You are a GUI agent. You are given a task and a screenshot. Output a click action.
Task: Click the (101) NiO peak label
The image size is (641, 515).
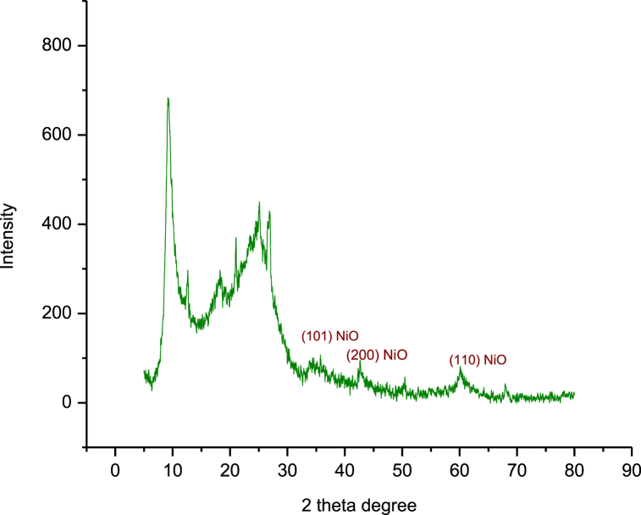[x=324, y=336]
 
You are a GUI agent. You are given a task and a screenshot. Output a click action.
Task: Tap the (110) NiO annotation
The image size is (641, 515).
[x=478, y=360]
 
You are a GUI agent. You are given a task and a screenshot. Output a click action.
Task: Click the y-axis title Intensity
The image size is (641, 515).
[x=8, y=235]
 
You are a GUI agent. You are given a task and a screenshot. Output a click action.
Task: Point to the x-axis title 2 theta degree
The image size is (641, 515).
[x=359, y=506]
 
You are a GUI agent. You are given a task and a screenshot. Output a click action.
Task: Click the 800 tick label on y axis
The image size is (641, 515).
[x=58, y=45]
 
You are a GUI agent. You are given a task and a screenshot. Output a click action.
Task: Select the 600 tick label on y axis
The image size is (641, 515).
[x=58, y=135]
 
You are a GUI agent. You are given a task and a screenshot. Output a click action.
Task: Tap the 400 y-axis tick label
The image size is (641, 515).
[x=58, y=224]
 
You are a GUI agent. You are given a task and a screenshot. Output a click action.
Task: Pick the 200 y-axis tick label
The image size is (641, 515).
[x=58, y=313]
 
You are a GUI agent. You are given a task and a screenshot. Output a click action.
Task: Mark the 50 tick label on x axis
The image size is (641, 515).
[x=402, y=468]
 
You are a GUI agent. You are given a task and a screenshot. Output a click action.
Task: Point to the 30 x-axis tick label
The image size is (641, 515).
[x=287, y=468]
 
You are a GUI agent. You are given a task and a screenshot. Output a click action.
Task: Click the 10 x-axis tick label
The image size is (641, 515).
[x=173, y=468]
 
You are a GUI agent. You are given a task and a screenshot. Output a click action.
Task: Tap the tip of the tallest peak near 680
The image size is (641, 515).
[x=168, y=98]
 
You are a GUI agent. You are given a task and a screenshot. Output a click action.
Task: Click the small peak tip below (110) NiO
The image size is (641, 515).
[x=461, y=368]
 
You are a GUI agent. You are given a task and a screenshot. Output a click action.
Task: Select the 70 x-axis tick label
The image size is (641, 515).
[x=517, y=468]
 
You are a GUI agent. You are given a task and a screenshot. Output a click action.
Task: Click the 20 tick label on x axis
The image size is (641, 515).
[x=229, y=468]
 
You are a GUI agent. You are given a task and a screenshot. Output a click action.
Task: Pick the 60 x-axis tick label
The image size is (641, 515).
[x=460, y=468]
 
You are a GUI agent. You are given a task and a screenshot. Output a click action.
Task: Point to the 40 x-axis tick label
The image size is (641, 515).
[x=345, y=468]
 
